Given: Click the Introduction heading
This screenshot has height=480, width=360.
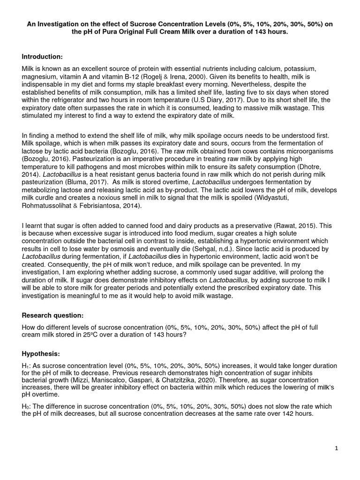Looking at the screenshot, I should click(x=42, y=57).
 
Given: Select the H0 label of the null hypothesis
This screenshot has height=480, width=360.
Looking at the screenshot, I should click(x=25, y=406).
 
